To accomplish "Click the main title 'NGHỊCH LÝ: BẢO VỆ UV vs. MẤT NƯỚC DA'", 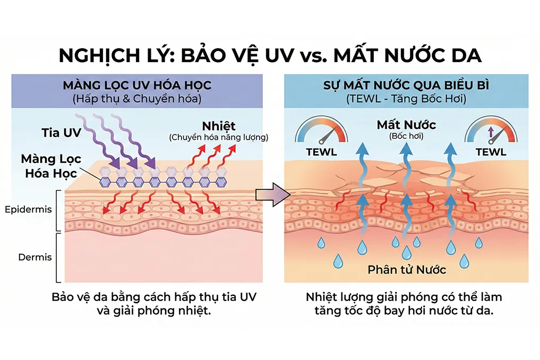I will (x=270, y=56).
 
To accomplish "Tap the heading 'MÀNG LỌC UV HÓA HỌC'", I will (x=138, y=85).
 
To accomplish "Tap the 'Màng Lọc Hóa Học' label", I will (x=52, y=166).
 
